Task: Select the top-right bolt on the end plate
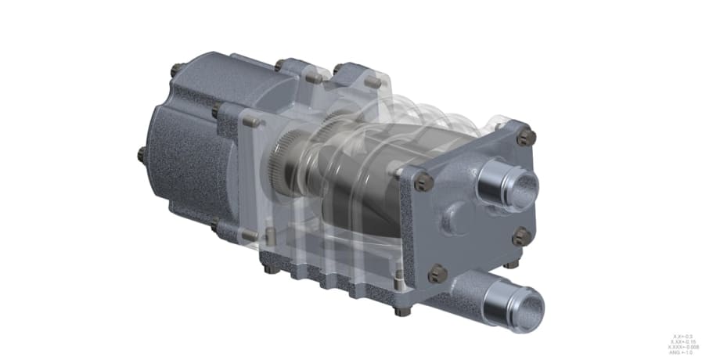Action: tap(527, 135)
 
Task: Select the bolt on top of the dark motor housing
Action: tap(177, 70)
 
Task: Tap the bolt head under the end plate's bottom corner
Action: tap(405, 311)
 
